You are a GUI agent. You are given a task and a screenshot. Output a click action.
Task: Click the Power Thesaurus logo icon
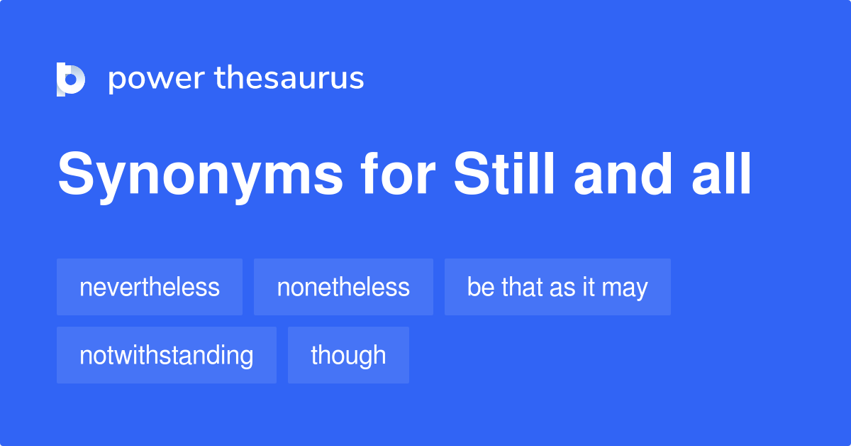(x=71, y=79)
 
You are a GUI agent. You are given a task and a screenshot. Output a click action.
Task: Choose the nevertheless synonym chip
(x=150, y=287)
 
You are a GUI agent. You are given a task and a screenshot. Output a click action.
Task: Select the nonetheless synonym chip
(x=343, y=287)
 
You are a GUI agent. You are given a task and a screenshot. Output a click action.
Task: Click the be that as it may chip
(x=557, y=287)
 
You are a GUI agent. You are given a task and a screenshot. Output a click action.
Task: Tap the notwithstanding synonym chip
(x=167, y=355)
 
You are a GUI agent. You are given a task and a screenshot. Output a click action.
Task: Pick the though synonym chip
(x=348, y=355)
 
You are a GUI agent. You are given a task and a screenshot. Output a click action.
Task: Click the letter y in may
(x=641, y=290)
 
